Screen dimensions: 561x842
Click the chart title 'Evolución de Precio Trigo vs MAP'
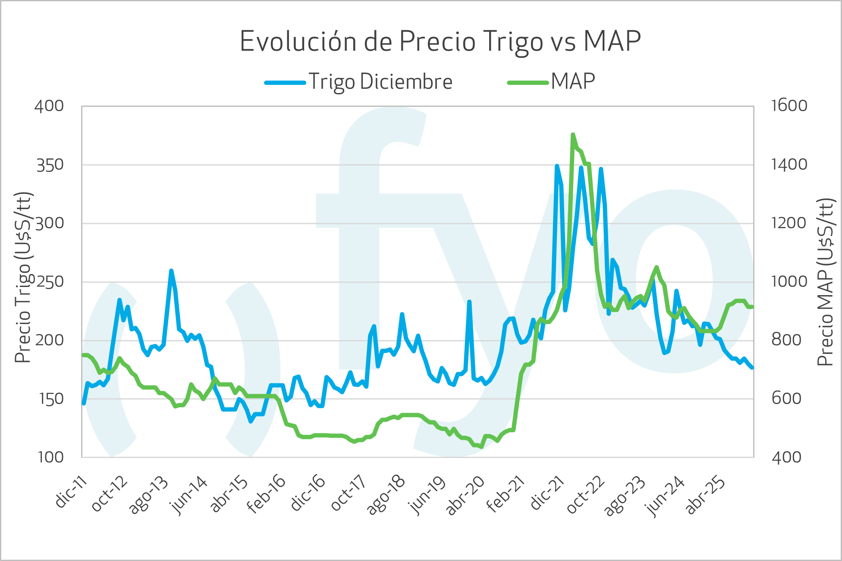click(x=440, y=41)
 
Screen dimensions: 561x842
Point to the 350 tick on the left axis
click(x=50, y=165)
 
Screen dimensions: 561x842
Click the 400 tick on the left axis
click(x=49, y=106)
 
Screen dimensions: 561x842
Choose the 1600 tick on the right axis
click(x=789, y=106)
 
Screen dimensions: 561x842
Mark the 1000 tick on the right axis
click(x=789, y=282)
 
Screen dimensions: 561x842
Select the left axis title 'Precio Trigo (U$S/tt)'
click(x=24, y=277)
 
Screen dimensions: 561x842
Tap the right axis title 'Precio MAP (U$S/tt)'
click(x=825, y=282)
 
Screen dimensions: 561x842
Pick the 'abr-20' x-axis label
click(x=465, y=496)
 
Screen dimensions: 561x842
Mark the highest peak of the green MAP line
click(x=573, y=135)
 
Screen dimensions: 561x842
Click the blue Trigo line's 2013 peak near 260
click(x=171, y=271)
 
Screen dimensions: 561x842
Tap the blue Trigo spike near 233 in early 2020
click(x=469, y=302)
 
